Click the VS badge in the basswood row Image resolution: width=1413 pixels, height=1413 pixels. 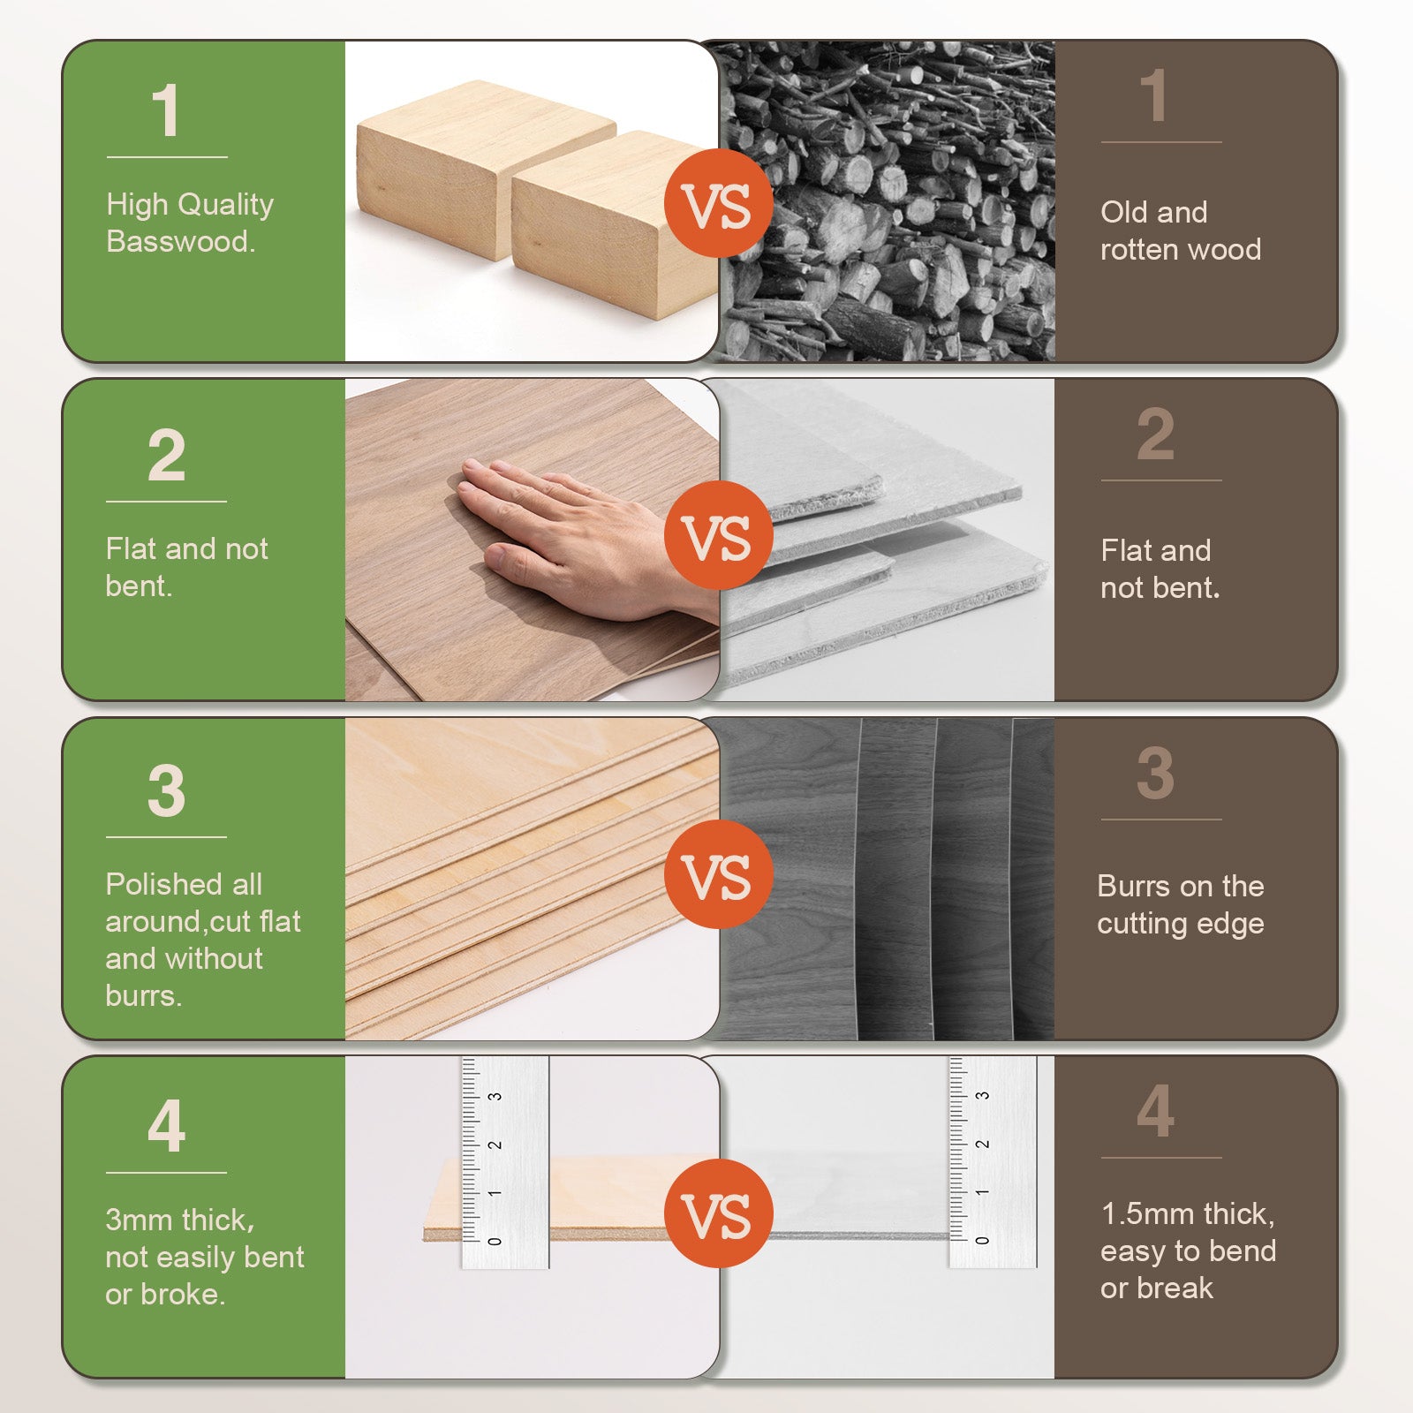[x=718, y=203]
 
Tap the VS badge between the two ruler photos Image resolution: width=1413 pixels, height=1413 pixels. [x=718, y=1213]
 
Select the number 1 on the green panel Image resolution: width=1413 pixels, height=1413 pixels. [x=166, y=111]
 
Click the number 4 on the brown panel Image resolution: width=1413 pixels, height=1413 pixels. [x=1155, y=1111]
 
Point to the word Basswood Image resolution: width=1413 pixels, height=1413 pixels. [x=180, y=241]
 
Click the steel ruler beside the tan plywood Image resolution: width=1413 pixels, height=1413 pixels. [x=505, y=1162]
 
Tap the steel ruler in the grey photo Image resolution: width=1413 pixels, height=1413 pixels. [x=993, y=1162]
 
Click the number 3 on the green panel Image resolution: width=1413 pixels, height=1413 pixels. [x=166, y=790]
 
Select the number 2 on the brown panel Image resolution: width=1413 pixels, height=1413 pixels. [x=1155, y=434]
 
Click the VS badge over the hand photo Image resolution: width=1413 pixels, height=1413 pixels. [x=718, y=536]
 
